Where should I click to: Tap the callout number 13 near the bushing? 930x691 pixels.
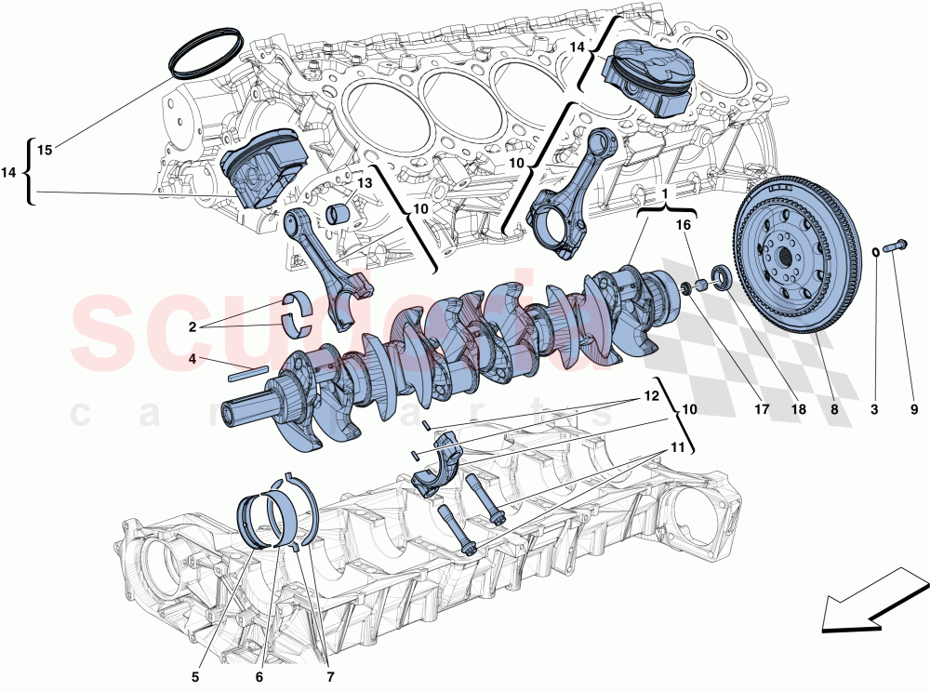point(363,184)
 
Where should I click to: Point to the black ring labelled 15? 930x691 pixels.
point(206,55)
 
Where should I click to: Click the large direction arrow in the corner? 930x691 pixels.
point(866,600)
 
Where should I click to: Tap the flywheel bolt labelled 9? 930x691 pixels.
point(898,246)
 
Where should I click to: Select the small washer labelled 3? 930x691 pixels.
point(876,250)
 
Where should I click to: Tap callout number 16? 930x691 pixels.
point(684,225)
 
